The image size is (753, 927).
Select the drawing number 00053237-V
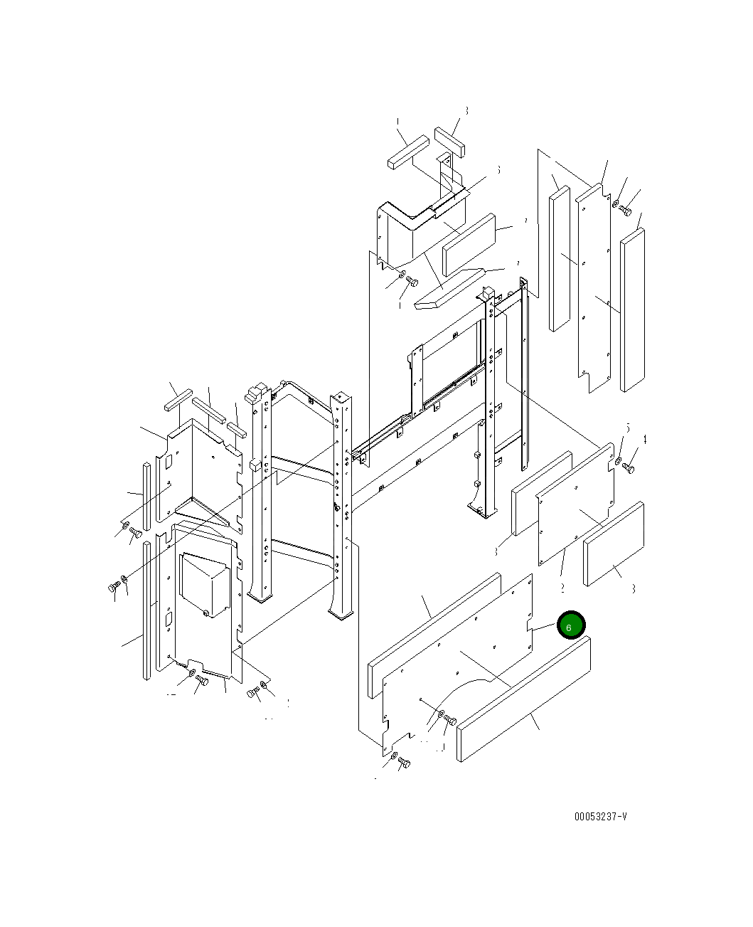601,816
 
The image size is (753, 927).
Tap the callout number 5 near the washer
628,428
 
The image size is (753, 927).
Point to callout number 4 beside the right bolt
645,440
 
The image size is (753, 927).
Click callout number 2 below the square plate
562,588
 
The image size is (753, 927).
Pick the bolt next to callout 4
629,469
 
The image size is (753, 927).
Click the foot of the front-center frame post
342,611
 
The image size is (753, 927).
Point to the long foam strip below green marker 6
524,699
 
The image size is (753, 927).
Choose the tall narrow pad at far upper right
632,310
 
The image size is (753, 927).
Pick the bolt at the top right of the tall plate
625,210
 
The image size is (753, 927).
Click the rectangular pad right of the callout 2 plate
614,544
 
